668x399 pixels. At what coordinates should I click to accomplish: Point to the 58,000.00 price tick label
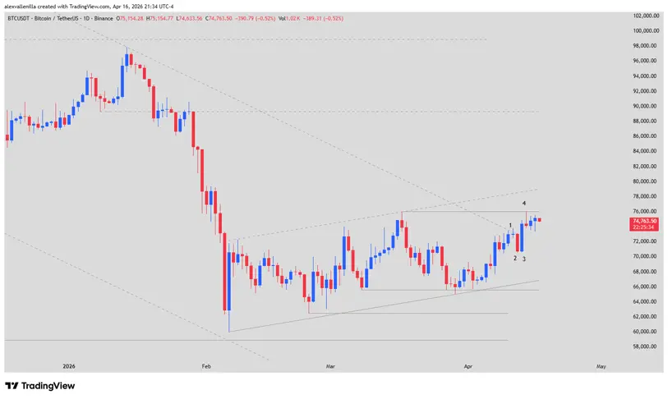coord(646,346)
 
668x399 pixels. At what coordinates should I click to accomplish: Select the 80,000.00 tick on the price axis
coord(646,181)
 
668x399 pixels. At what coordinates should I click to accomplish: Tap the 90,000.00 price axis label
coord(646,106)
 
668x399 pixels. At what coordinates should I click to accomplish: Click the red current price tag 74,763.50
coord(645,221)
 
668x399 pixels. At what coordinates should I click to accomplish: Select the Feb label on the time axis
coord(206,365)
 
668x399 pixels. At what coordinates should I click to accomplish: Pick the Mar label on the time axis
coord(330,365)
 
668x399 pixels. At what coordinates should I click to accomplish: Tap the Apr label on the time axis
coord(468,365)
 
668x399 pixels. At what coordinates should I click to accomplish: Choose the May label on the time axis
coord(601,365)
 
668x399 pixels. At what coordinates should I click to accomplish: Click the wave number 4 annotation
coord(525,203)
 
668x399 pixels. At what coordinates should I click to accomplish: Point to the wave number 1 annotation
coord(510,225)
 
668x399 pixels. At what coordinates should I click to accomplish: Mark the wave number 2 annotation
coord(515,258)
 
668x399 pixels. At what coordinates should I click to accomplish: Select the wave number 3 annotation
coord(524,259)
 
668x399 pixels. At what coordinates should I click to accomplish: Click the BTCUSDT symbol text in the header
coord(20,18)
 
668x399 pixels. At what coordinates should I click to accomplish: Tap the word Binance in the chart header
coord(97,18)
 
